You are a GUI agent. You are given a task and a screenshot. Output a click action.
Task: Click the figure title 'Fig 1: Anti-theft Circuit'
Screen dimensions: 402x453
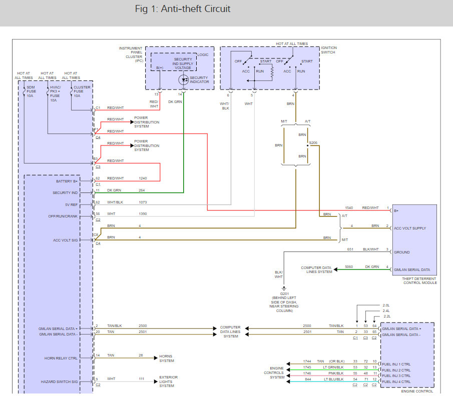(x=183, y=9)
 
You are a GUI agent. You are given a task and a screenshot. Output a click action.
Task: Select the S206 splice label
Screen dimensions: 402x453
(x=313, y=142)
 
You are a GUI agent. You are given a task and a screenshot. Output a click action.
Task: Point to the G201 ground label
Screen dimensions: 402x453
(x=284, y=294)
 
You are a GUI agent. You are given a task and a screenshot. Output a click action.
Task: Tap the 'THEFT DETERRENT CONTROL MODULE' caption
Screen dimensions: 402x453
(x=420, y=280)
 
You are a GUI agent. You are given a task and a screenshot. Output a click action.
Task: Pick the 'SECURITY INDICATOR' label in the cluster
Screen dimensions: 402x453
(x=199, y=80)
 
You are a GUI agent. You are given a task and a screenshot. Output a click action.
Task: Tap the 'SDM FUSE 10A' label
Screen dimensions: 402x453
(x=31, y=91)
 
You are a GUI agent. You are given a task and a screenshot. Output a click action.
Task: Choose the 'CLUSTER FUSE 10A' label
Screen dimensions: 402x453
(x=82, y=91)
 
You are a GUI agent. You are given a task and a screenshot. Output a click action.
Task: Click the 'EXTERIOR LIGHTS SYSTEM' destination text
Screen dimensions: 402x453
(x=168, y=381)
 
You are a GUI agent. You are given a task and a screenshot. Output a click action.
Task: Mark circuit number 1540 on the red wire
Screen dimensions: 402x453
(x=349, y=207)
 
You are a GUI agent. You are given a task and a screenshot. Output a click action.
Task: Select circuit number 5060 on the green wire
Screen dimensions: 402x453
(x=349, y=266)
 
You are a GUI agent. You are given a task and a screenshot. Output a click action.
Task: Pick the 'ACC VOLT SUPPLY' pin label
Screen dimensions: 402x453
(x=411, y=228)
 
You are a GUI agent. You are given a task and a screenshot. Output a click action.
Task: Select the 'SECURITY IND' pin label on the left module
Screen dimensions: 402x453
(x=65, y=192)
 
